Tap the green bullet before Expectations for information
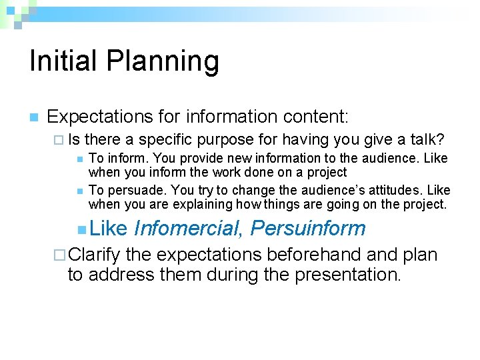tap(33, 117)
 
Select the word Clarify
tap(94, 254)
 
